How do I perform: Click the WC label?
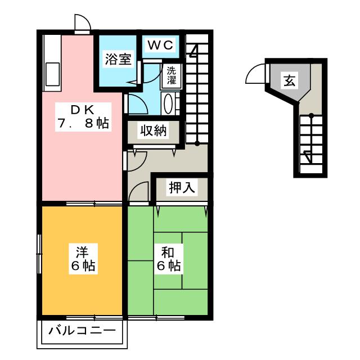pos(161,44)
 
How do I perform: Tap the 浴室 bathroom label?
pos(118,60)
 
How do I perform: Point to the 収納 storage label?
pos(153,131)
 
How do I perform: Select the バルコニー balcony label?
pos(82,330)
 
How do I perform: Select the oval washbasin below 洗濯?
pos(169,103)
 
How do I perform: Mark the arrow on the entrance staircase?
pos(307,156)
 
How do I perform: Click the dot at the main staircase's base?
pos(197,143)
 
